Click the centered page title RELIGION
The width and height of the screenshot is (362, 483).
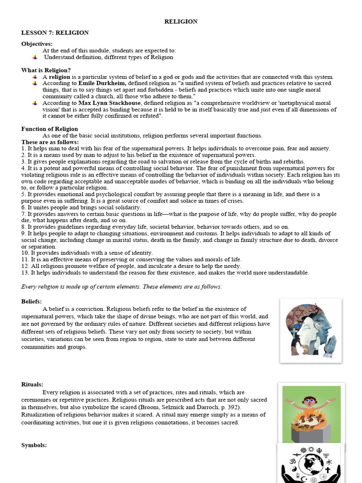pos(181,22)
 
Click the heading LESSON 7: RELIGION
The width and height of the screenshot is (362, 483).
pos(55,33)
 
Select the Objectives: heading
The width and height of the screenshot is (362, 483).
pos(37,44)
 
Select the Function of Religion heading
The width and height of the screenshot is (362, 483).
pos(49,129)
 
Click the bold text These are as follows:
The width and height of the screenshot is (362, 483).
pos(50,142)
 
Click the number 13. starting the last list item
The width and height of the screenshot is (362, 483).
pos(25,273)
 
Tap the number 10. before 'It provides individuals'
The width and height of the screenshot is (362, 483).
pos(25,253)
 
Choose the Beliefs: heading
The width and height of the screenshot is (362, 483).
pos(32,301)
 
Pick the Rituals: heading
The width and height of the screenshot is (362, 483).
pos(32,384)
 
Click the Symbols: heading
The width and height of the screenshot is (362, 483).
pos(34,445)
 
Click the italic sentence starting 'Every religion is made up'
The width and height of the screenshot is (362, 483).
pos(122,287)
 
